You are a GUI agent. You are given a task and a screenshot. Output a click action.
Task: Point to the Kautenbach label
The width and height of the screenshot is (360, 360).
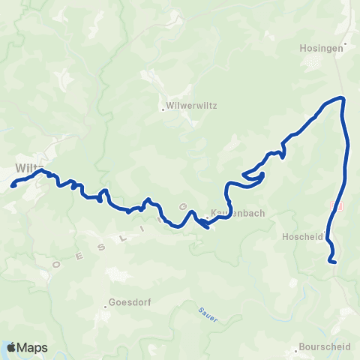point(238,213)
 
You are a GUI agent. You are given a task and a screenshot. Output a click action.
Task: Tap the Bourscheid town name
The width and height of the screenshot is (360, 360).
point(325,346)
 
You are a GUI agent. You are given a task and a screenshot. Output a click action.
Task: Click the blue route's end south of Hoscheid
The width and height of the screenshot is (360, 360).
point(333,262)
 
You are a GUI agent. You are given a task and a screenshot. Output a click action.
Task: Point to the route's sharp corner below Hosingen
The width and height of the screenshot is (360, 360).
point(342,98)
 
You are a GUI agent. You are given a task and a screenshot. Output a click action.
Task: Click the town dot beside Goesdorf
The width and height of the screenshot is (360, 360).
point(106,305)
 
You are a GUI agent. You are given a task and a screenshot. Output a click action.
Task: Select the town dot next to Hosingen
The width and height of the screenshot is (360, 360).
point(345,46)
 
